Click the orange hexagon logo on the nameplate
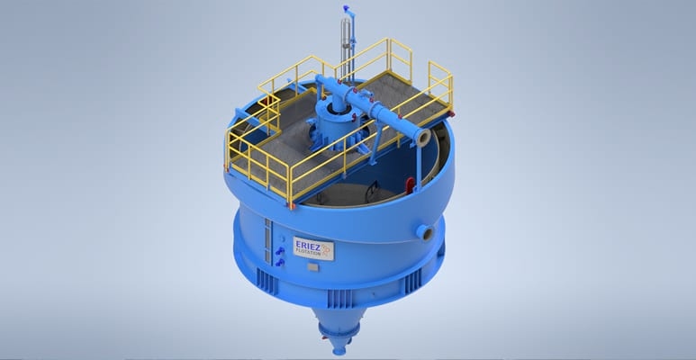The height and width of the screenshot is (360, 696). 326,250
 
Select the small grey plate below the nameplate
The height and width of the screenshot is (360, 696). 312,267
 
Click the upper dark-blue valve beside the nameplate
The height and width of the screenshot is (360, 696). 280,251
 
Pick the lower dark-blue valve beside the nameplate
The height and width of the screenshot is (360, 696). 280,263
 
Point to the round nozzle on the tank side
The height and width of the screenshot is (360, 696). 424,232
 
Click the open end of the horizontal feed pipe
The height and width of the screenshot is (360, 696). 423,138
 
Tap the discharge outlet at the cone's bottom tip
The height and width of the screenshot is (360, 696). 339,351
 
